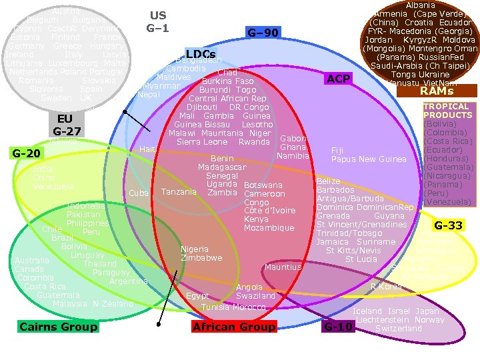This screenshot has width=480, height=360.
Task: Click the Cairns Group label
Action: (x=59, y=327)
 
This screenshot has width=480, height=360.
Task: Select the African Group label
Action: (x=233, y=327)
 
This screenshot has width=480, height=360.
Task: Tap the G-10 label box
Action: (x=338, y=327)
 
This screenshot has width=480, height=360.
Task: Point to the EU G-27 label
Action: (x=67, y=125)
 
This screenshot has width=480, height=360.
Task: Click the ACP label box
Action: (x=339, y=79)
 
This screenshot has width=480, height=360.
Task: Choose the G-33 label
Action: (x=448, y=226)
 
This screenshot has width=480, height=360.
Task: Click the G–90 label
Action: (x=263, y=33)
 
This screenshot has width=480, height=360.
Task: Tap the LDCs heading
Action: (x=200, y=53)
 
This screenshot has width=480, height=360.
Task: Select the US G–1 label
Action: (x=158, y=21)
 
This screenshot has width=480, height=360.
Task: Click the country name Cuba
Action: (x=138, y=193)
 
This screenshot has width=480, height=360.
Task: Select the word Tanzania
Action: (x=179, y=192)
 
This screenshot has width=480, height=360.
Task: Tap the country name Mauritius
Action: (x=283, y=267)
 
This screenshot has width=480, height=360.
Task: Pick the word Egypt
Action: (x=197, y=295)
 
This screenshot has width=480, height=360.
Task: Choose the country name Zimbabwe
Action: (x=201, y=258)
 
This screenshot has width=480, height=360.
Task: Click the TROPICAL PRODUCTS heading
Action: (x=446, y=111)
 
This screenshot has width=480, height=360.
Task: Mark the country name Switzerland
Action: (x=399, y=329)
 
